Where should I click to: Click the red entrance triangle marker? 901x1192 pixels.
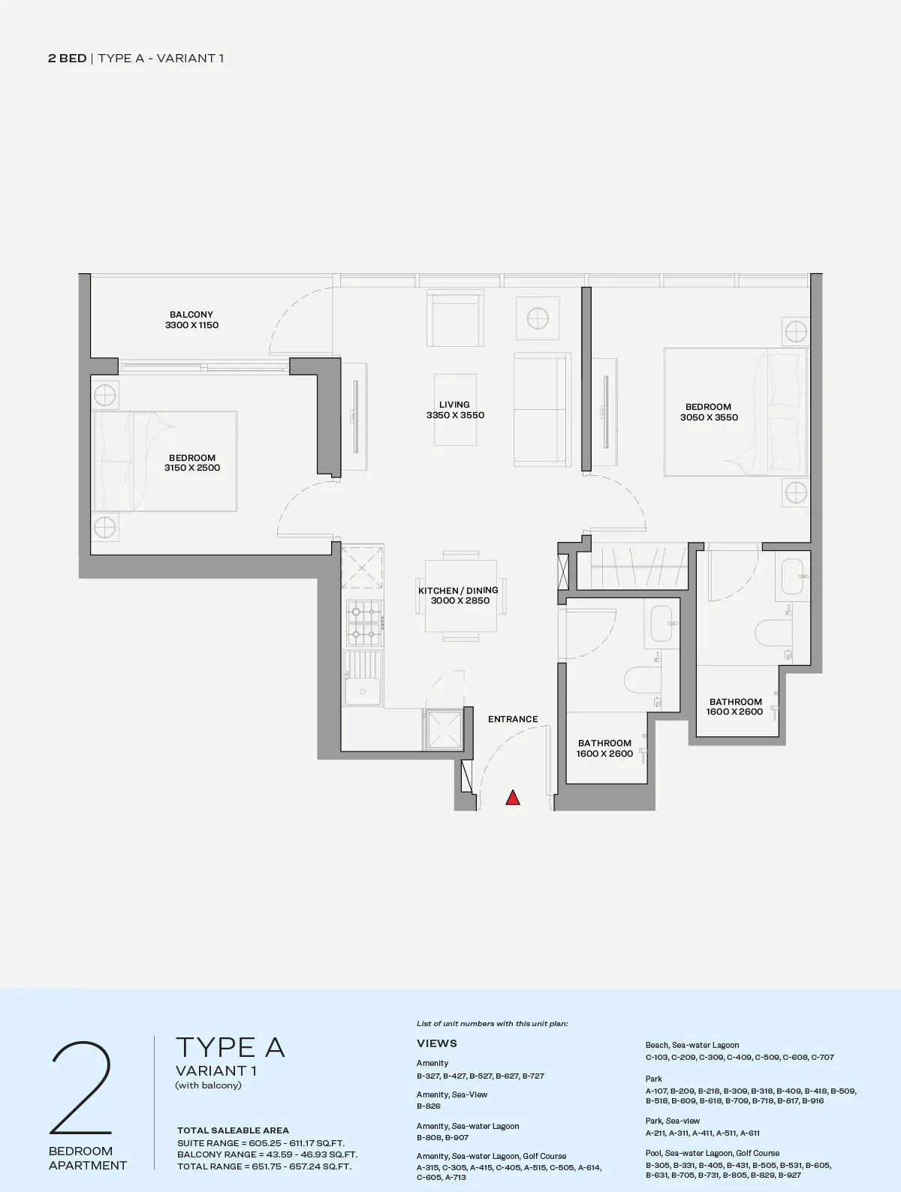click(513, 797)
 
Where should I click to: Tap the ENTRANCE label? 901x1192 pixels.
click(513, 719)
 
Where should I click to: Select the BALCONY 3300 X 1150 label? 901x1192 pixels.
click(191, 320)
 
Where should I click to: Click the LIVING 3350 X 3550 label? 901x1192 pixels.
click(455, 410)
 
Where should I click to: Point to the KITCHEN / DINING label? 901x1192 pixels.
click(458, 590)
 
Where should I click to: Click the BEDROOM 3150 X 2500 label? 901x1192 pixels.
click(192, 462)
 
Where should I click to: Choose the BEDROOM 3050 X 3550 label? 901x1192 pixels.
click(709, 412)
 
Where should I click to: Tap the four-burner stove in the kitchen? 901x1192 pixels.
click(365, 622)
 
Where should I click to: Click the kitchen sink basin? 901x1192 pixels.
click(363, 691)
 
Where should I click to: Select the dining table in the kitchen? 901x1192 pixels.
click(460, 596)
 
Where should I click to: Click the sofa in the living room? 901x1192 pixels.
click(542, 409)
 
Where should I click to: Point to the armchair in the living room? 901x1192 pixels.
click(455, 318)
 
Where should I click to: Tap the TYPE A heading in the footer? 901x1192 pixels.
click(231, 1047)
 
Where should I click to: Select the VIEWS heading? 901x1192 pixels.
click(437, 1043)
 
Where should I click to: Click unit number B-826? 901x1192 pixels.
click(429, 1106)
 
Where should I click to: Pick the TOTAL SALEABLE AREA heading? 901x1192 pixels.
click(233, 1130)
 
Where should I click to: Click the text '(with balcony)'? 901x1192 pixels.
click(208, 1085)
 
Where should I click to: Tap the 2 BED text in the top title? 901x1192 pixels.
click(68, 58)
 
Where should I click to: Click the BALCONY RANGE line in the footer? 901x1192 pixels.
click(267, 1154)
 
